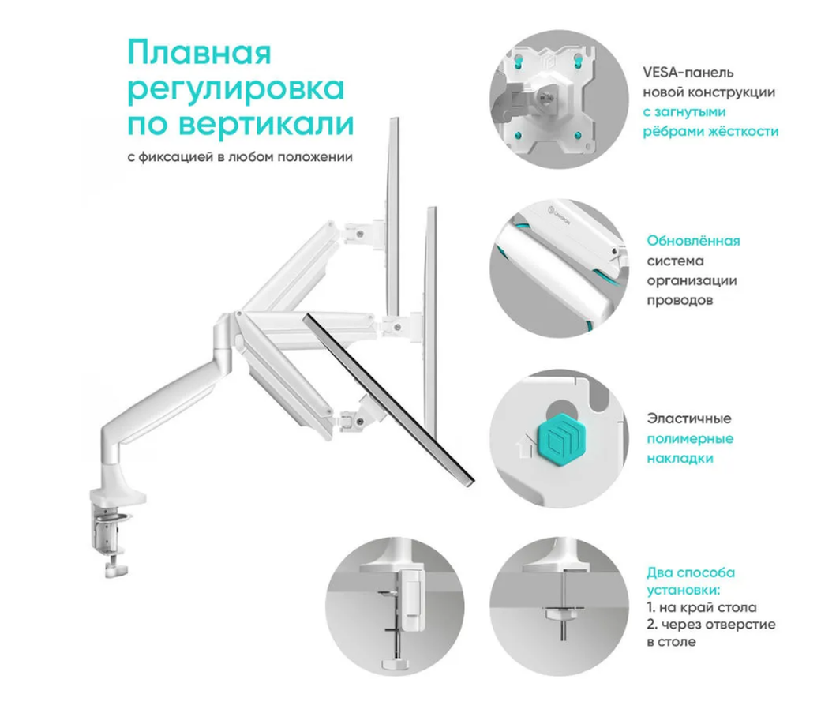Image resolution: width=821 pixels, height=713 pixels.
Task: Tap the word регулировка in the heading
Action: coord(236,90)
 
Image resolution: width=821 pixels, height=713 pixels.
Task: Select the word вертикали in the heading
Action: coord(266,124)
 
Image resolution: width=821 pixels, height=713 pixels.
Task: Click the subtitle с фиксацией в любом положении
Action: coord(240,156)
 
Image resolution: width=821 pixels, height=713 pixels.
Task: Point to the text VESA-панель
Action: coord(688,73)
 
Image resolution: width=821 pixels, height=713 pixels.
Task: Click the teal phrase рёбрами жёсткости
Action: coord(710,131)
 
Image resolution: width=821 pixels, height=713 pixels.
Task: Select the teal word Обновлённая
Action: coord(693,241)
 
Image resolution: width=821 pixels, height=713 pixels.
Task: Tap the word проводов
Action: coord(680,300)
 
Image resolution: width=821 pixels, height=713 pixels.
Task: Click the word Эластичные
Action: coord(689,418)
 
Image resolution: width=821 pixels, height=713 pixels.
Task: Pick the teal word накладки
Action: coord(680,459)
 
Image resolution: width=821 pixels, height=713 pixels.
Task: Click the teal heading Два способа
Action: coord(691,572)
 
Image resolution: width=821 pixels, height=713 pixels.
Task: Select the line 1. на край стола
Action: coord(702,608)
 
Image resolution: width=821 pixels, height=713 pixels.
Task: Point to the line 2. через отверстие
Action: coord(711,625)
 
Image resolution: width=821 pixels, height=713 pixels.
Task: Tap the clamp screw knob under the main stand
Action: coord(117,569)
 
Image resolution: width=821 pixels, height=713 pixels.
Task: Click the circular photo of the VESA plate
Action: coord(559,99)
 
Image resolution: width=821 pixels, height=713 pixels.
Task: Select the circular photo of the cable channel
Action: coord(559,268)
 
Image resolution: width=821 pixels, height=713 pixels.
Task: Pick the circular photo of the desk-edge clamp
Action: coord(394,606)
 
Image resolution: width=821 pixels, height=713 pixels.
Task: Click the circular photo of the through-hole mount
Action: coord(559,606)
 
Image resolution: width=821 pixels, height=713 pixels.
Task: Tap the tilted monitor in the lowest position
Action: coord(388,400)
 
